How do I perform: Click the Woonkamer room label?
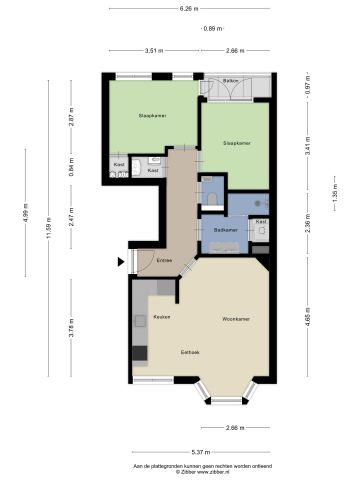235,319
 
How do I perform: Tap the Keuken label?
162,317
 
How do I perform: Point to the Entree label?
164,260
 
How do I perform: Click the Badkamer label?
225,230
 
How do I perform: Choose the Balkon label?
231,79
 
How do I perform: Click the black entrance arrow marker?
121,262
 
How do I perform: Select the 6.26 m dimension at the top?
186,9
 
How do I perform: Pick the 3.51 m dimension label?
153,50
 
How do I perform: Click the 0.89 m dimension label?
213,29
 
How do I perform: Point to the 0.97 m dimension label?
307,86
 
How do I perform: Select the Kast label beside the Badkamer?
261,221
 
